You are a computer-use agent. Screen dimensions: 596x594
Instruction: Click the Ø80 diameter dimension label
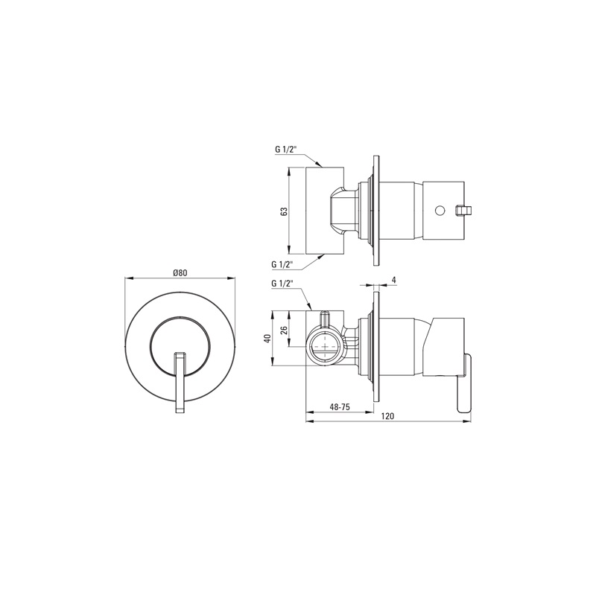(x=180, y=272)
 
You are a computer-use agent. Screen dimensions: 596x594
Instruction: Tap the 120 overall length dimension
(x=387, y=416)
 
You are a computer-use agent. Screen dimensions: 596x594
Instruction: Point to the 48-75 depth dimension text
(x=340, y=406)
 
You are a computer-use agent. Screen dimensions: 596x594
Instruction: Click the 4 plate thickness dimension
(x=394, y=281)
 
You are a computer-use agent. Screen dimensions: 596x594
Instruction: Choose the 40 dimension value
(x=268, y=339)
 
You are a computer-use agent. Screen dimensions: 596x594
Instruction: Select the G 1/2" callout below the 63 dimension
(x=282, y=264)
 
